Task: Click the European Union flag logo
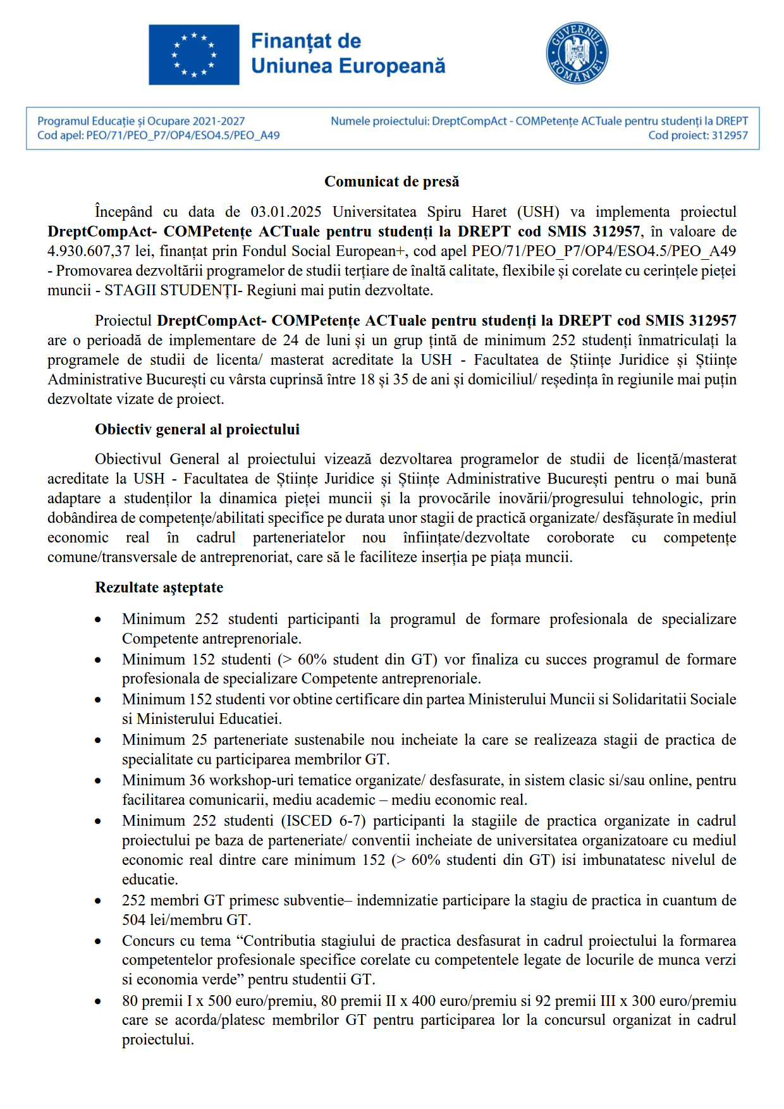[194, 54]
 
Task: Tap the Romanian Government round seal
[577, 54]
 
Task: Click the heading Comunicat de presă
[391, 181]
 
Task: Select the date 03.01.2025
[286, 212]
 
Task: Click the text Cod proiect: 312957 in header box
[697, 135]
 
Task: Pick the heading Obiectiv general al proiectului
[197, 429]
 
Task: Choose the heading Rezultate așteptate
[159, 587]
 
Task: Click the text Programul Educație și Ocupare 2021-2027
[141, 121]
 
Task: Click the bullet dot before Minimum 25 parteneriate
[98, 740]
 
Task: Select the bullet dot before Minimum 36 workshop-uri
[98, 781]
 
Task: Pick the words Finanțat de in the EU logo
[306, 41]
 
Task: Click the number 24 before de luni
[291, 340]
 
